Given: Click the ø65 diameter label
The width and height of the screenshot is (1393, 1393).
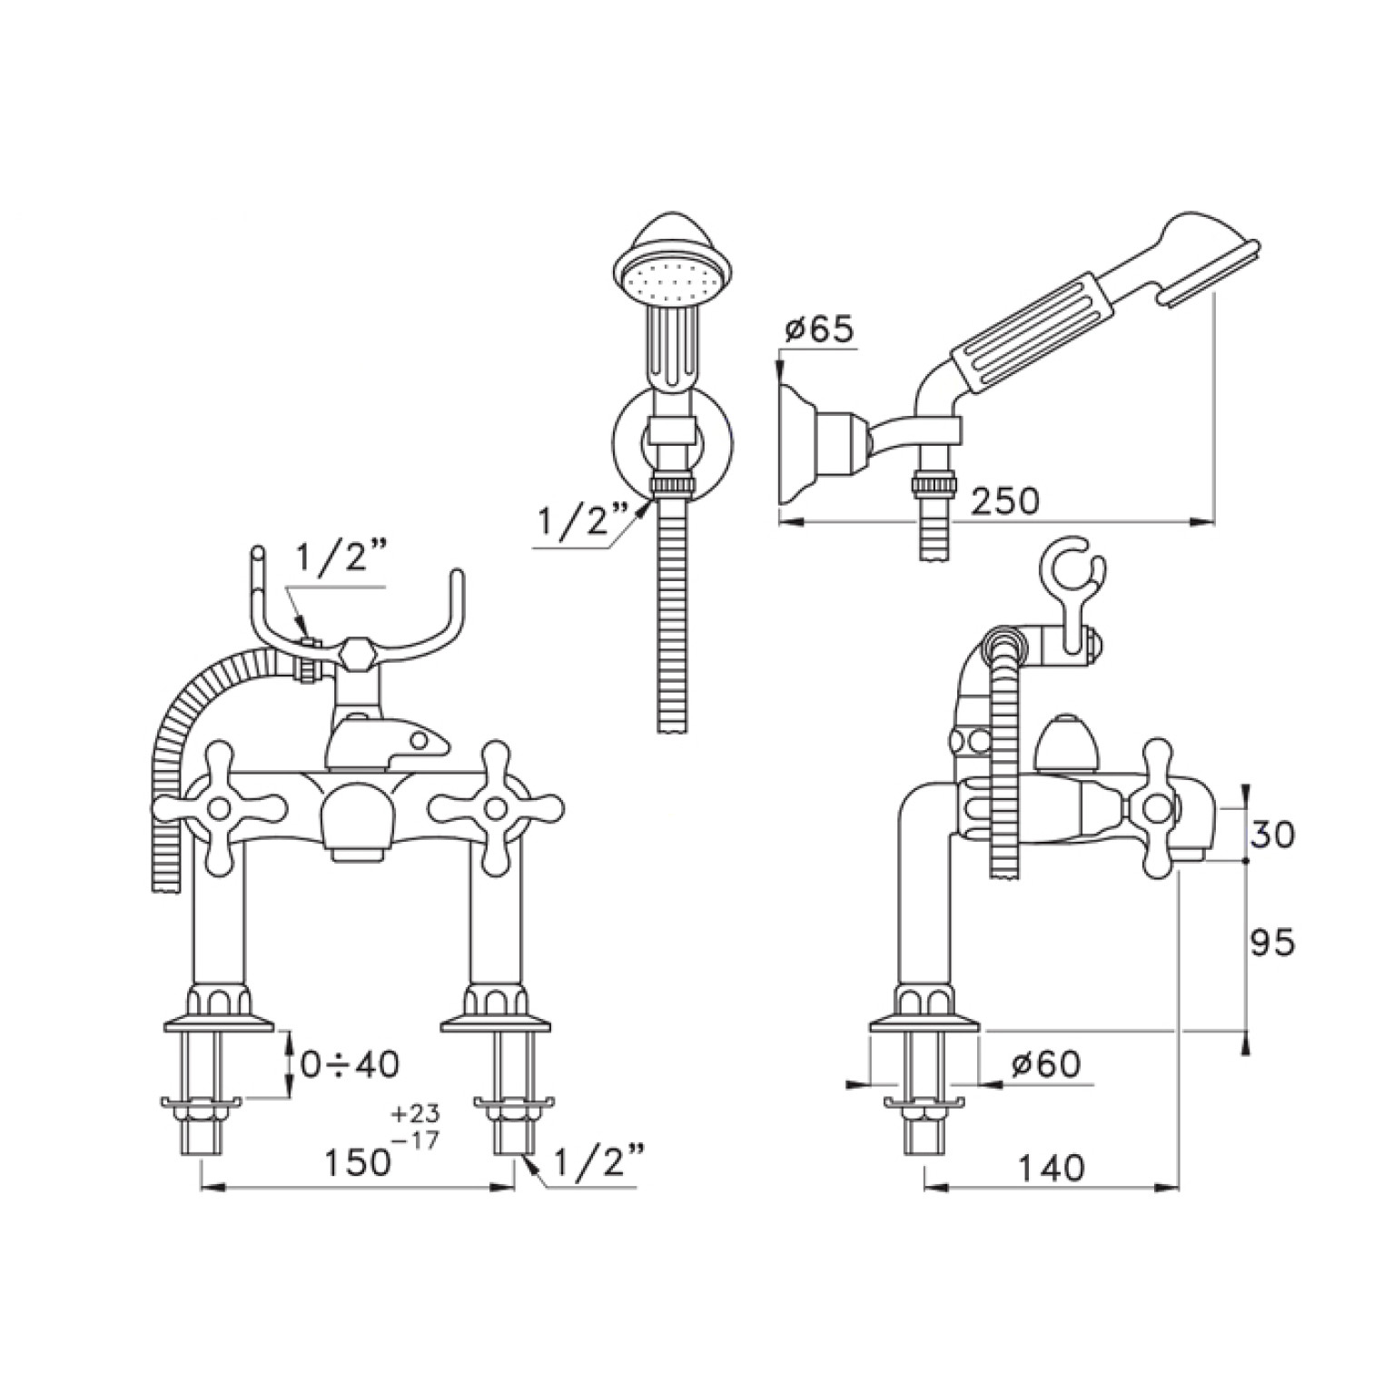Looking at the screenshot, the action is click(x=818, y=330).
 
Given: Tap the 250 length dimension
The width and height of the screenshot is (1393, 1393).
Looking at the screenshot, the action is click(x=1003, y=500).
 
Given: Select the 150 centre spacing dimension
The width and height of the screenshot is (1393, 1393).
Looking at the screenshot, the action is click(x=358, y=1163).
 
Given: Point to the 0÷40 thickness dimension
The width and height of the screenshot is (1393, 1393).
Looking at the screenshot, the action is click(x=350, y=1064).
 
